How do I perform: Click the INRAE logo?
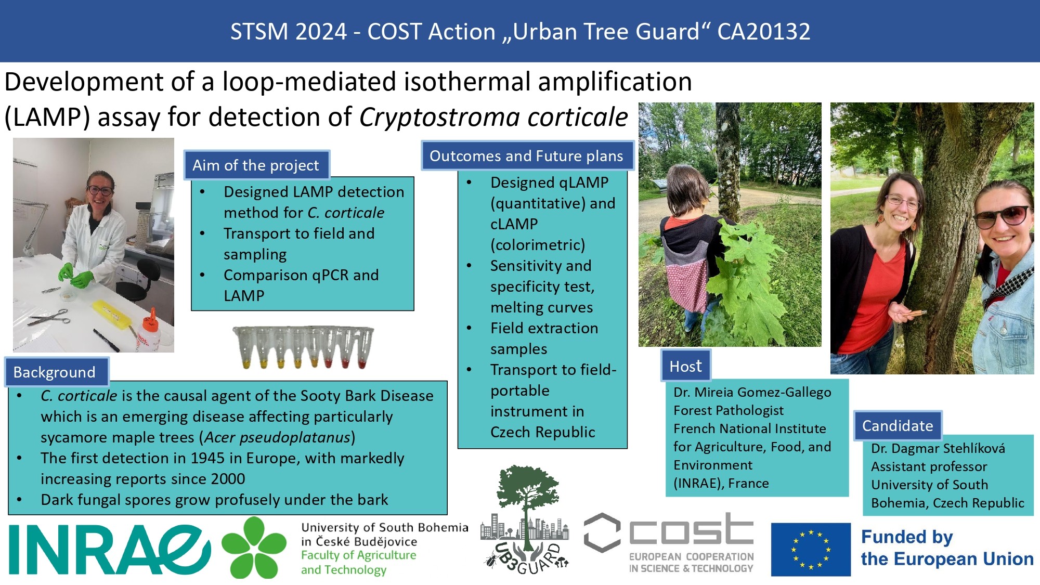pos(110,549)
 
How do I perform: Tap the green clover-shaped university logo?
pos(254,548)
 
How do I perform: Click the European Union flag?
pos(811,549)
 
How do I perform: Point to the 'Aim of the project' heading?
pos(256,165)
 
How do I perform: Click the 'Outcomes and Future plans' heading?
pos(527,156)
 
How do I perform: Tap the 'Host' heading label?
pos(686,366)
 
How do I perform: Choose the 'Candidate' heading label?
pos(898,425)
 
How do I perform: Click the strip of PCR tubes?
pos(304,347)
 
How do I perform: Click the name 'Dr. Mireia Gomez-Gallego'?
pos(752,392)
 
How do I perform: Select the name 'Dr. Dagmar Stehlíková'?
pos(938,448)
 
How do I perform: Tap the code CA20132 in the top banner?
pos(764,31)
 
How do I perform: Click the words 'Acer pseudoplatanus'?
pos(277,437)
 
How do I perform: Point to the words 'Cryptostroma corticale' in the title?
pos(493,116)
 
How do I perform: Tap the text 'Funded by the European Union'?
pos(947,548)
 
